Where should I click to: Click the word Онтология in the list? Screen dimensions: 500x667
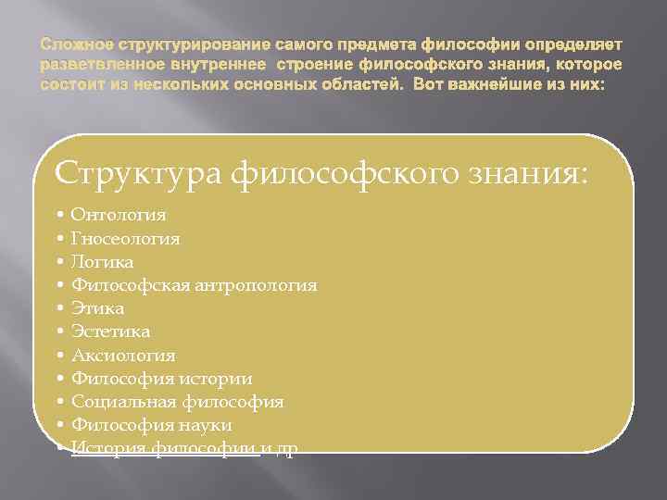pos(119,216)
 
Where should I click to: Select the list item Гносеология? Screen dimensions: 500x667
pos(125,239)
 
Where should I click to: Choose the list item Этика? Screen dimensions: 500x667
pos(97,308)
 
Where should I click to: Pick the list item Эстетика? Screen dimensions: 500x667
pos(110,331)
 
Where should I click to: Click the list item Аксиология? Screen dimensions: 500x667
pos(123,356)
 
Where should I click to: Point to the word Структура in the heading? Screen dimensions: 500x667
pos(139,171)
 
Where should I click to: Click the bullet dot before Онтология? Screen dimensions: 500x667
pos(60,216)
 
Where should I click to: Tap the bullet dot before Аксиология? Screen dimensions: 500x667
pos(60,356)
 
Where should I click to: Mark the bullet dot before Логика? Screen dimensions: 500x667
pos(60,262)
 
